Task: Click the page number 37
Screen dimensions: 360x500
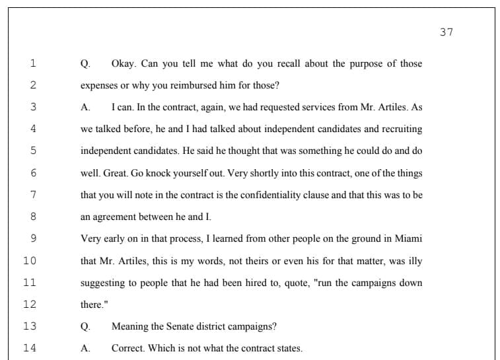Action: pyautogui.click(x=446, y=32)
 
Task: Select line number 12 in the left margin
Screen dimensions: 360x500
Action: pyautogui.click(x=30, y=305)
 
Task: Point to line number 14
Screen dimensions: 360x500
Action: pyautogui.click(x=30, y=348)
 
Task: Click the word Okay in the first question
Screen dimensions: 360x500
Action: pyautogui.click(x=123, y=64)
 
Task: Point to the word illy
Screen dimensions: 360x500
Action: pyautogui.click(x=415, y=261)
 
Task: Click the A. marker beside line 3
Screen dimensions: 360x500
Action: pyautogui.click(x=85, y=108)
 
